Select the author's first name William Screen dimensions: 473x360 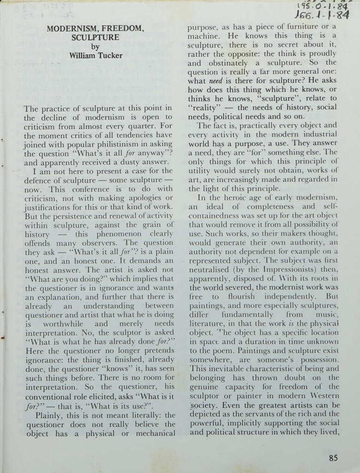click(82, 55)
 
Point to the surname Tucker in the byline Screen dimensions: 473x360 click(109, 55)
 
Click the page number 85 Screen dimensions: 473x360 click(333, 458)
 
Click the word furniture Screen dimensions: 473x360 click(303, 27)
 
